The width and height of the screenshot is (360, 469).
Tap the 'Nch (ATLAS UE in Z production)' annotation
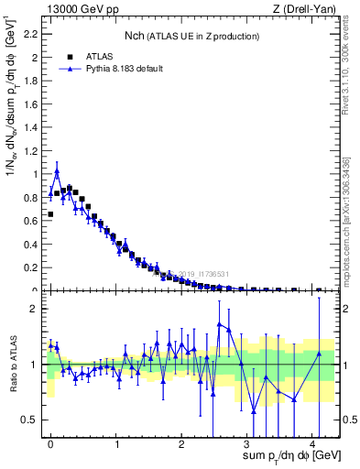(191, 36)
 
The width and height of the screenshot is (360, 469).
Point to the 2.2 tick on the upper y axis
(31, 34)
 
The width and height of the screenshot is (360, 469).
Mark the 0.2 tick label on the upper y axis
(31, 267)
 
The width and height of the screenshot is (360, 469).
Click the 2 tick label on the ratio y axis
(35, 309)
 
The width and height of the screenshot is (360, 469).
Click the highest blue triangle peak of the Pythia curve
(57, 171)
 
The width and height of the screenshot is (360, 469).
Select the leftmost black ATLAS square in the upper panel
(50, 214)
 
